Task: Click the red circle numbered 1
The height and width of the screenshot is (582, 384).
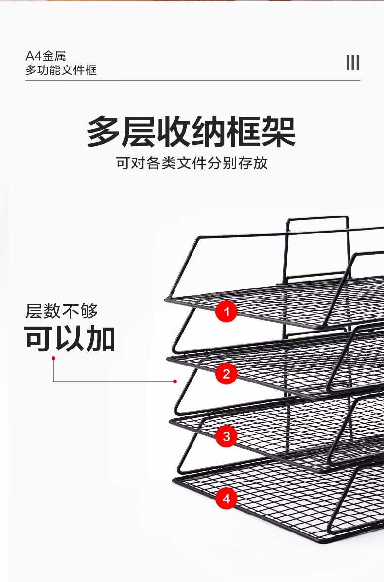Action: point(226,311)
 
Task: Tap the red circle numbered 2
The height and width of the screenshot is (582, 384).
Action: point(226,374)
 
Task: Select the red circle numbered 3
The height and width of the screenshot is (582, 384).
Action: point(226,436)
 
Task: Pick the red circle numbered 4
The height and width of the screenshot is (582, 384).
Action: point(226,499)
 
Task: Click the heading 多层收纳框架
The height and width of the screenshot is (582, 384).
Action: point(192,132)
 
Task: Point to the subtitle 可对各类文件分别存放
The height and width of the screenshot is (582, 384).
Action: point(192,163)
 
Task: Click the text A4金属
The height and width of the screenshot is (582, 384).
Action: point(46,56)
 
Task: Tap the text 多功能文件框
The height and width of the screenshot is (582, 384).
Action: point(61,70)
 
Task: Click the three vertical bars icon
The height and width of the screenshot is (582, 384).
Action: point(352,63)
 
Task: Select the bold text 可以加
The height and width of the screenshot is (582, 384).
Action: point(70,338)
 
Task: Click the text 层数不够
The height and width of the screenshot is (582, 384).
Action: point(62,311)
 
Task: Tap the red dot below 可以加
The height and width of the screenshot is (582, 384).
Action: point(53,358)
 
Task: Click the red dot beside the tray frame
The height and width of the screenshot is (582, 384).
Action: point(175,382)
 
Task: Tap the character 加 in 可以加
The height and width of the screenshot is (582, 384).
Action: point(101,338)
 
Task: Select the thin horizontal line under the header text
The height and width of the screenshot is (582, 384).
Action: point(192,80)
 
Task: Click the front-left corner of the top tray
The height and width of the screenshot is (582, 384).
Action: point(167,299)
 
